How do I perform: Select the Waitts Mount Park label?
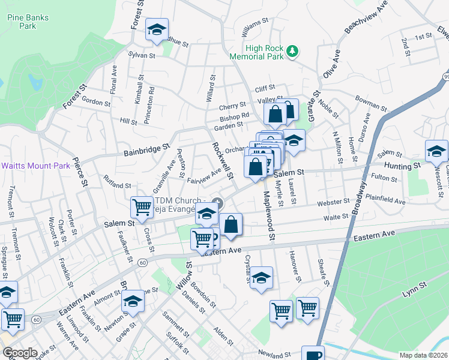[36, 166]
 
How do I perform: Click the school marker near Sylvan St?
[157, 30]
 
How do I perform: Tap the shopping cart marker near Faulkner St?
[142, 208]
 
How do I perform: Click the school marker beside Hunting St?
[436, 151]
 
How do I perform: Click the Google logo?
[19, 353]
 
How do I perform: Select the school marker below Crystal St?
[261, 279]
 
